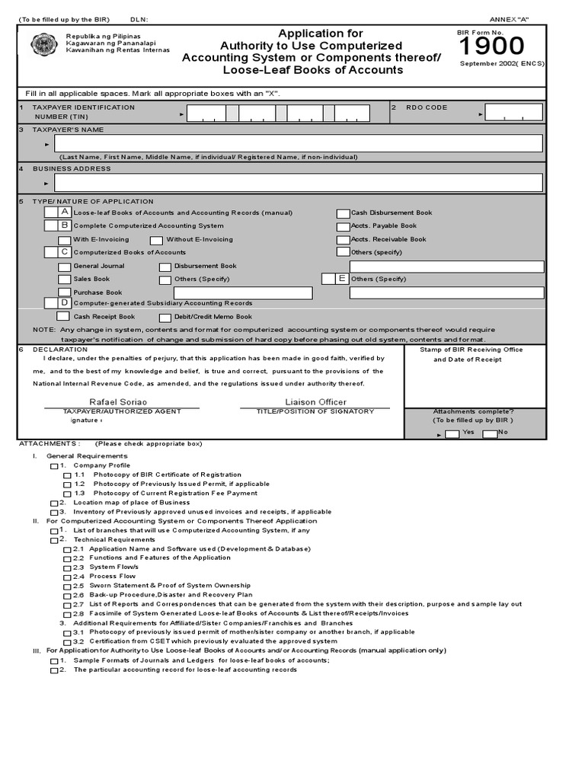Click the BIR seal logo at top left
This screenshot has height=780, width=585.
click(x=43, y=44)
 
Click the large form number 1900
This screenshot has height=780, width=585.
click(x=491, y=47)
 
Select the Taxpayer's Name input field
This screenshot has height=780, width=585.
click(x=299, y=143)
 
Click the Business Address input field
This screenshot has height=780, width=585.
click(x=299, y=183)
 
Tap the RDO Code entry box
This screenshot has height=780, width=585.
click(x=514, y=113)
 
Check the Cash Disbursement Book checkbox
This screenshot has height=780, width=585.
click(x=344, y=213)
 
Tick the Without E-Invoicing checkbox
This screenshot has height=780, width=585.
click(x=156, y=240)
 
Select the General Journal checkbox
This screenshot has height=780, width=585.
click(x=65, y=267)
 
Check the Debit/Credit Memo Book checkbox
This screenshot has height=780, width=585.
click(x=165, y=317)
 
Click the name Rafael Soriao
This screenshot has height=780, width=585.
click(x=119, y=401)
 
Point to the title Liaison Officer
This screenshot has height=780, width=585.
click(x=315, y=401)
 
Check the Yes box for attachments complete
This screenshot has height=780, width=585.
click(x=452, y=433)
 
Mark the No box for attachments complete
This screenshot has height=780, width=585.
click(x=490, y=433)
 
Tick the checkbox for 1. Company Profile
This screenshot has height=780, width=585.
click(x=53, y=465)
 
